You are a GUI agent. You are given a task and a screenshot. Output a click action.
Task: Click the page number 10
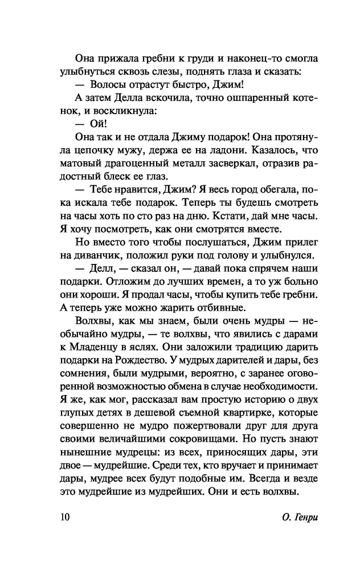64,518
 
